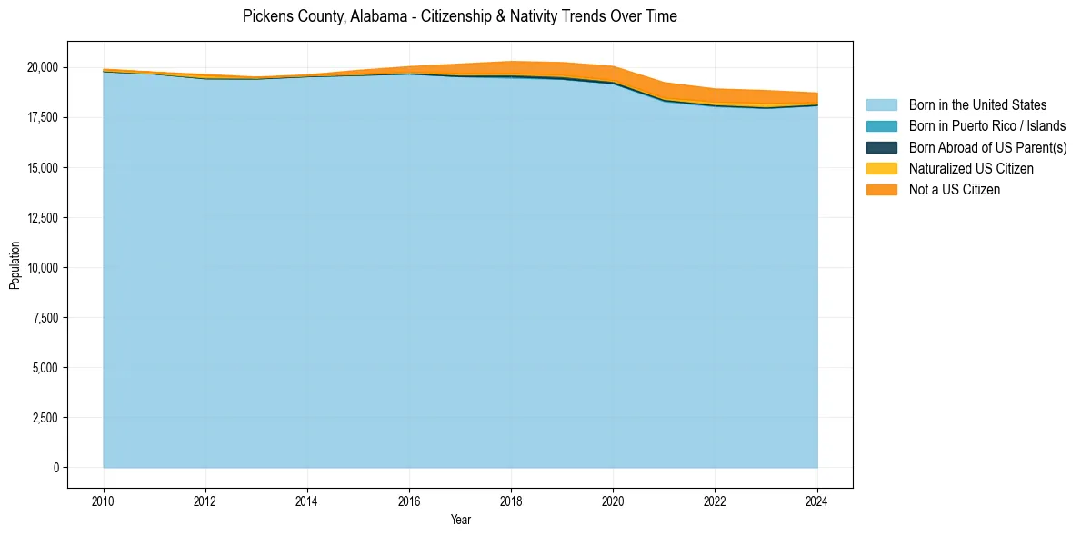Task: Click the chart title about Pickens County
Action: click(459, 16)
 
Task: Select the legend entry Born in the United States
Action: click(977, 105)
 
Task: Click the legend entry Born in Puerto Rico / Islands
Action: click(987, 126)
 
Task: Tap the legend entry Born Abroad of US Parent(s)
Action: click(987, 147)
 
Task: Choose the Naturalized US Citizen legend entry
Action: click(971, 169)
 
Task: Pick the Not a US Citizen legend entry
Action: click(954, 190)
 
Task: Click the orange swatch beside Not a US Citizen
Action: click(881, 190)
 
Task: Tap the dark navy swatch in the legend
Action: click(881, 147)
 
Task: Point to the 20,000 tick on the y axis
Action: click(43, 68)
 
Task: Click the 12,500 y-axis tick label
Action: click(43, 218)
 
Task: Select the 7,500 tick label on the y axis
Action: click(45, 318)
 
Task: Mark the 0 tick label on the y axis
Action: click(55, 468)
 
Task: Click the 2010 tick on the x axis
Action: click(104, 500)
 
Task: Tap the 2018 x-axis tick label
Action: click(511, 500)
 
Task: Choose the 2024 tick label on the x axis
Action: click(817, 500)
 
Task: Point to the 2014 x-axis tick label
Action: click(307, 500)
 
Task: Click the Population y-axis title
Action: click(15, 265)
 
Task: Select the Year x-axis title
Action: click(460, 520)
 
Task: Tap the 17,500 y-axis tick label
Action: click(43, 118)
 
